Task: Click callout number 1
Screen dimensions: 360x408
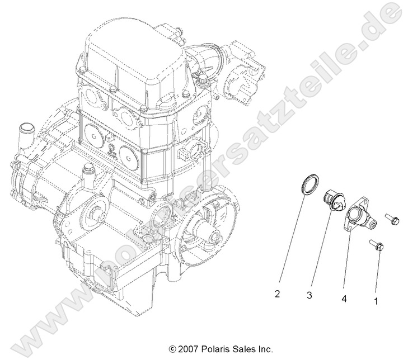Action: tap(376, 301)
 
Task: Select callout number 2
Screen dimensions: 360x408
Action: tap(277, 293)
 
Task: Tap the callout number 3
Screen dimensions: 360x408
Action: tap(308, 295)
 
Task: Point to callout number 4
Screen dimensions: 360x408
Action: tap(344, 299)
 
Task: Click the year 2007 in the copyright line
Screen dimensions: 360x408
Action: tap(188, 349)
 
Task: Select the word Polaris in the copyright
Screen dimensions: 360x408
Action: tap(214, 349)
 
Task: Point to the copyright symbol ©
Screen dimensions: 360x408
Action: tap(172, 349)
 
